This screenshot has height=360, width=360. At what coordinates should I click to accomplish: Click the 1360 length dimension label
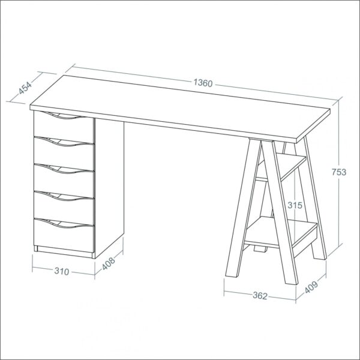tap(203, 83)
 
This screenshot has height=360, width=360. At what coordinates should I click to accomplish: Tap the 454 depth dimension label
tap(25, 88)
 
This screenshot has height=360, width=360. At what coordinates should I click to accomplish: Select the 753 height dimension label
tap(338, 172)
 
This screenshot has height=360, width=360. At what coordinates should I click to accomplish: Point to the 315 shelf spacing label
tap(295, 205)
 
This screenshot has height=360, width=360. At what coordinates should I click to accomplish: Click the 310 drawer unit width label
tap(62, 271)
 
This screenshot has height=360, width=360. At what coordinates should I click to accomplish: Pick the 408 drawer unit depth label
tap(109, 263)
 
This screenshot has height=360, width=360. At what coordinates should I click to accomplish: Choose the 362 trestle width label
tap(260, 295)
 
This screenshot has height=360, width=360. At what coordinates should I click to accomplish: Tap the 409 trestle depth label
tap(311, 287)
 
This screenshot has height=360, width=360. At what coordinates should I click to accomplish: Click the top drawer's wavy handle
tap(60, 115)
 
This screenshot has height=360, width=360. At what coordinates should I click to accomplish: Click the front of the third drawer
tap(64, 181)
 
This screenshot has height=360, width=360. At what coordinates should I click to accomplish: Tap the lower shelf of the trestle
tap(281, 232)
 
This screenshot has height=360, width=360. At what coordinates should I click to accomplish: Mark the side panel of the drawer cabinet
tap(109, 188)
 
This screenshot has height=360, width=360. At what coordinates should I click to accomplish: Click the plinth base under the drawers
tap(64, 252)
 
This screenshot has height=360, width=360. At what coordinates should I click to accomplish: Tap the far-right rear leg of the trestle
tap(315, 198)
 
